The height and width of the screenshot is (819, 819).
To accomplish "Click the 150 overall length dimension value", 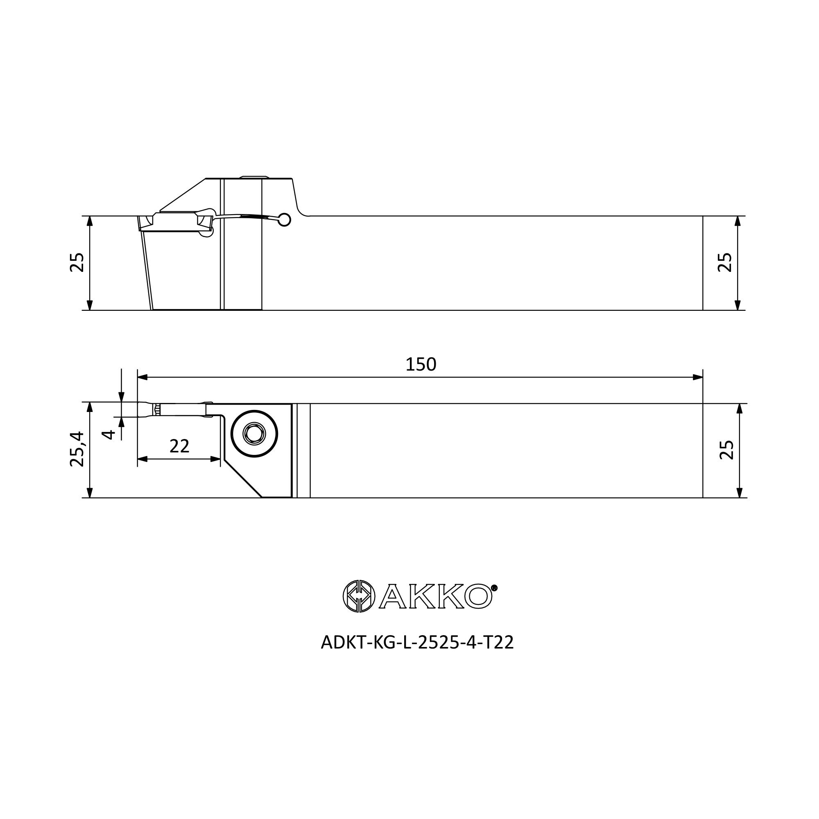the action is (421, 364).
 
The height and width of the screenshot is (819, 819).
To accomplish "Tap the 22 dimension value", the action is (179, 446).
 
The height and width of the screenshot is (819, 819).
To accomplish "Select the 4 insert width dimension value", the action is (109, 434).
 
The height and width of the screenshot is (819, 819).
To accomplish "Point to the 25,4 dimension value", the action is (77, 449).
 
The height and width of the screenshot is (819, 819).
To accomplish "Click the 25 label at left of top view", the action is (77, 262).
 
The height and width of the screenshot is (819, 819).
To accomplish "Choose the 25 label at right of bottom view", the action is (726, 450).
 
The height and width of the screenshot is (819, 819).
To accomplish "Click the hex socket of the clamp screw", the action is (254, 434).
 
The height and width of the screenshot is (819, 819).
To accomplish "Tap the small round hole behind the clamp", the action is (285, 219).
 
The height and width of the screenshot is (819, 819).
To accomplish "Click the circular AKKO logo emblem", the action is (359, 596).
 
